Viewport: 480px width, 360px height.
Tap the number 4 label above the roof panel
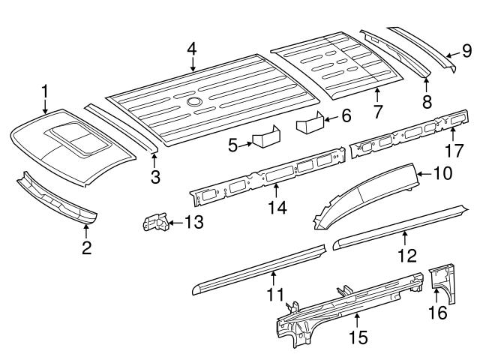[x=192, y=49]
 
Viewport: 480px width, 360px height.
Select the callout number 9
[x=466, y=51]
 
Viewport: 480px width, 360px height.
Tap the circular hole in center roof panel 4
[x=194, y=101]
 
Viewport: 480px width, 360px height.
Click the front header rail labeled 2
[x=56, y=201]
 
